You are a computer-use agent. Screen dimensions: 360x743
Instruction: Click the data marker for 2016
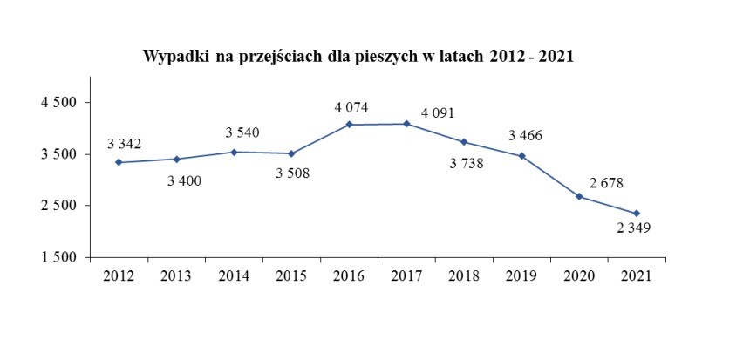[x=349, y=125]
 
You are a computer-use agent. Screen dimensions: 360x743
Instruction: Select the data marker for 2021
[x=637, y=214]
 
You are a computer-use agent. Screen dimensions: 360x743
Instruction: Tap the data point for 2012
[x=119, y=162]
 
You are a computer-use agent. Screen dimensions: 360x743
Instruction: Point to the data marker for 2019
[x=521, y=156]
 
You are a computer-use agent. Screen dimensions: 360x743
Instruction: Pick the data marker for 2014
[x=234, y=152]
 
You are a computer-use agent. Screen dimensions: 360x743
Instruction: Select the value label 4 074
[x=351, y=107]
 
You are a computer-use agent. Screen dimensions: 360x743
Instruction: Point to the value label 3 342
[x=125, y=143]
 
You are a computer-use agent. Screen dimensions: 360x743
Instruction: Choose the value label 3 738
[x=467, y=163]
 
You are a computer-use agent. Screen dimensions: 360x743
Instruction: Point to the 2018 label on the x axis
[x=464, y=276]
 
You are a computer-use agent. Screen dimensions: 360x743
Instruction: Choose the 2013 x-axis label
[x=176, y=276]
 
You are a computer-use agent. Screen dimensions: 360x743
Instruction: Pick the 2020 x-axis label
[x=579, y=276]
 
